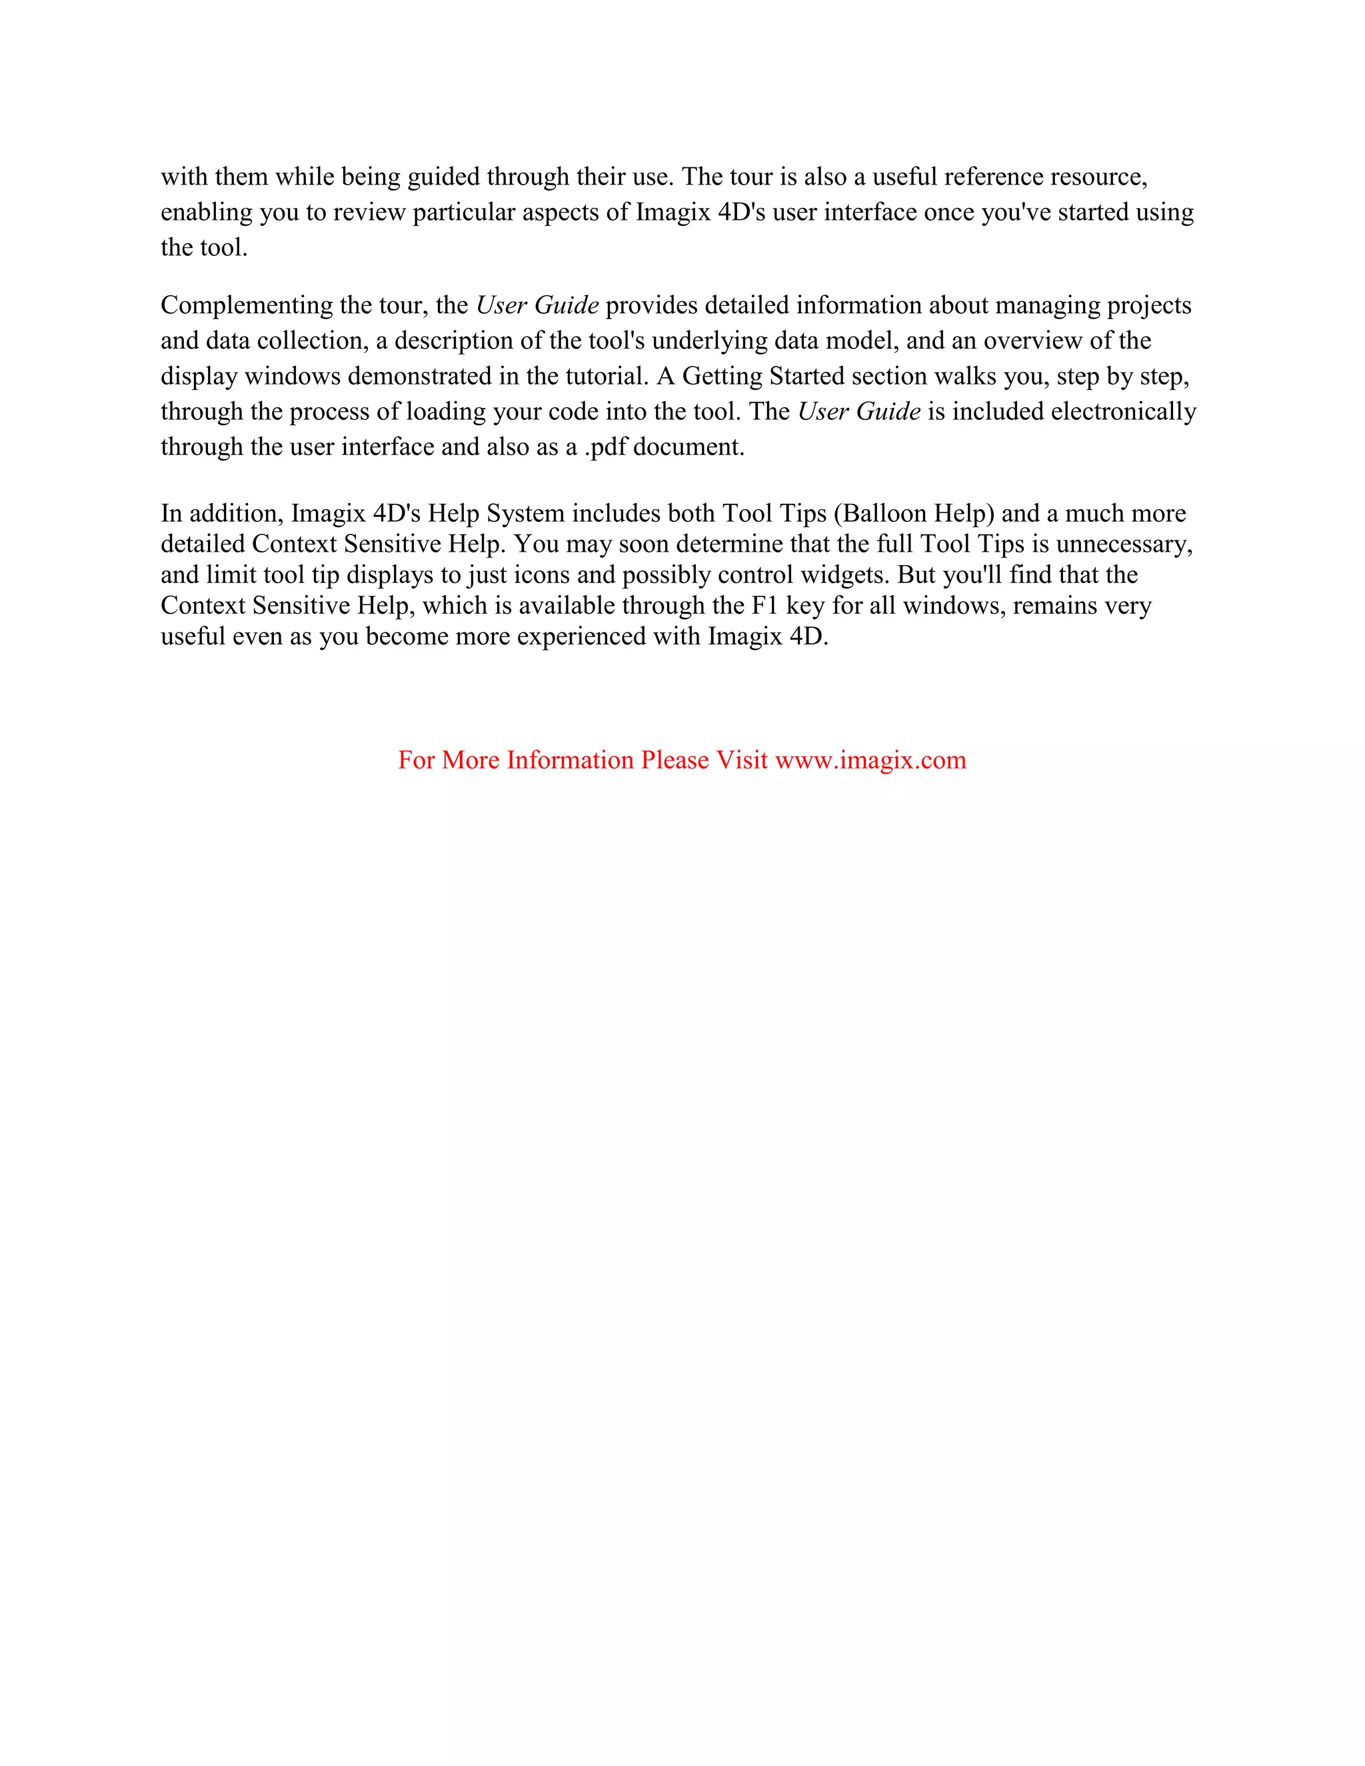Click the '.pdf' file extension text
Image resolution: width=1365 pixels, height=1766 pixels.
pos(605,447)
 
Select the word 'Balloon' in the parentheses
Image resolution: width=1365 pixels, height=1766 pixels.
pos(884,513)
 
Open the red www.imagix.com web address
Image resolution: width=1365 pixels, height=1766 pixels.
pos(870,760)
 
